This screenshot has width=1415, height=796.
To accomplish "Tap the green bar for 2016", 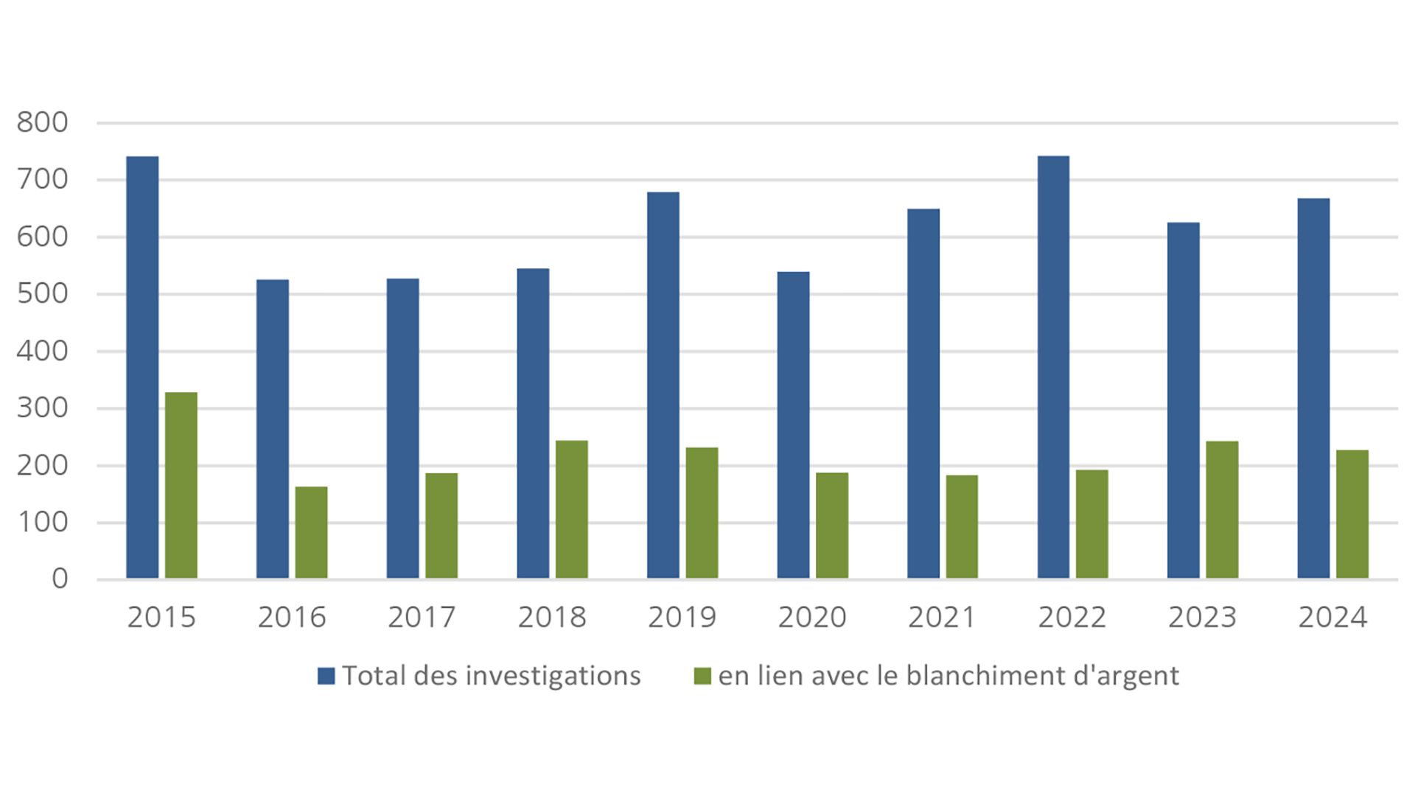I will (311, 532).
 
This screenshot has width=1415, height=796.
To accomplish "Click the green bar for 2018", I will (572, 509).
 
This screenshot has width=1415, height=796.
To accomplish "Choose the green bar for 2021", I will (962, 526).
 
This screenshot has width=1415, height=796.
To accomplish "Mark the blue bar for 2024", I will (1313, 388).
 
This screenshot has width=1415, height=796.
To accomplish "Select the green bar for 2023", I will (1222, 509).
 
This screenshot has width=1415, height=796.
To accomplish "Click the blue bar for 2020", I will (793, 425).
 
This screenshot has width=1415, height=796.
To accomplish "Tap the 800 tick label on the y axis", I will (42, 122).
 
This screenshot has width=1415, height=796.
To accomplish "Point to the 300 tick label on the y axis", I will (42, 408).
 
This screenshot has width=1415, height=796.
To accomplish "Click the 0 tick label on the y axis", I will (60, 579).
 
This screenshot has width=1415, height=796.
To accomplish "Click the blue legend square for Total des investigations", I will (326, 676).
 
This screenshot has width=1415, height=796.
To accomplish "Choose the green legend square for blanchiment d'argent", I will (702, 676).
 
